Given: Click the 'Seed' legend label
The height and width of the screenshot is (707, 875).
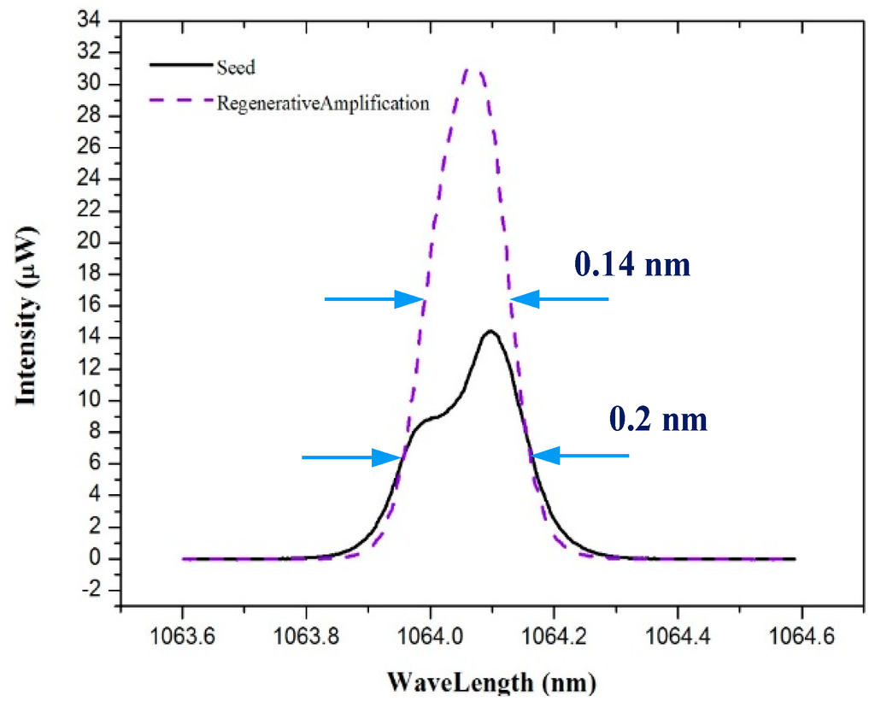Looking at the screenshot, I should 237,68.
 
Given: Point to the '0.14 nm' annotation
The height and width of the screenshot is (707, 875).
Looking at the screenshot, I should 631,266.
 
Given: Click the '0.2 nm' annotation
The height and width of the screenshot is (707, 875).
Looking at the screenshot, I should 658,420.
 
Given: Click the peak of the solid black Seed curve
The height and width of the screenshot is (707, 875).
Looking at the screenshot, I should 490,332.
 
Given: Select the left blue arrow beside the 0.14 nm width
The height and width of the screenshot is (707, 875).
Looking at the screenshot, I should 374,299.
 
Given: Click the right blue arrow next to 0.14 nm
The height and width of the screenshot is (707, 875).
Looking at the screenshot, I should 560,299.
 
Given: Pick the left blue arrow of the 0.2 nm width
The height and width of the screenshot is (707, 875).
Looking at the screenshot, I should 350,457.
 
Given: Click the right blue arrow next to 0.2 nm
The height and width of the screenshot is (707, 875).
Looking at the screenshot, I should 580,457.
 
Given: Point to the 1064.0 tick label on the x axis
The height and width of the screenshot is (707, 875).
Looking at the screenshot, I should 430,636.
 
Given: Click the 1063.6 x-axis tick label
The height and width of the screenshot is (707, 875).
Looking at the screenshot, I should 182,636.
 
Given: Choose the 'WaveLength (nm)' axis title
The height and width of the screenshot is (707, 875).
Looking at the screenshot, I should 492,682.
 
